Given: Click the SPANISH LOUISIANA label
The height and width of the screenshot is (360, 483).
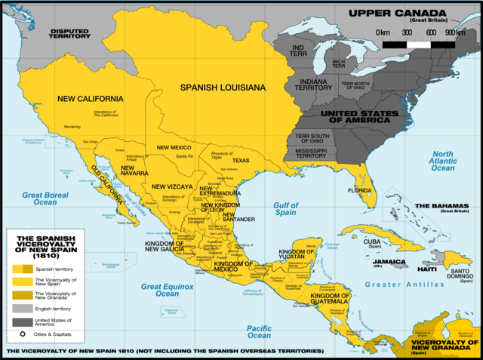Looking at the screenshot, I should [x=223, y=88].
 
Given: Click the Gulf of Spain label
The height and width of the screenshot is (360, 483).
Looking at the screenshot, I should [x=286, y=209].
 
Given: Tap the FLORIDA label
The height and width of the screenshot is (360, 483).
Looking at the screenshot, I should [x=359, y=191].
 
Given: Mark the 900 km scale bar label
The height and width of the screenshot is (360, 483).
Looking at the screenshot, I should [x=454, y=32].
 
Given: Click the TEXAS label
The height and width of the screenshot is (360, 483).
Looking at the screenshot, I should [x=240, y=161].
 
